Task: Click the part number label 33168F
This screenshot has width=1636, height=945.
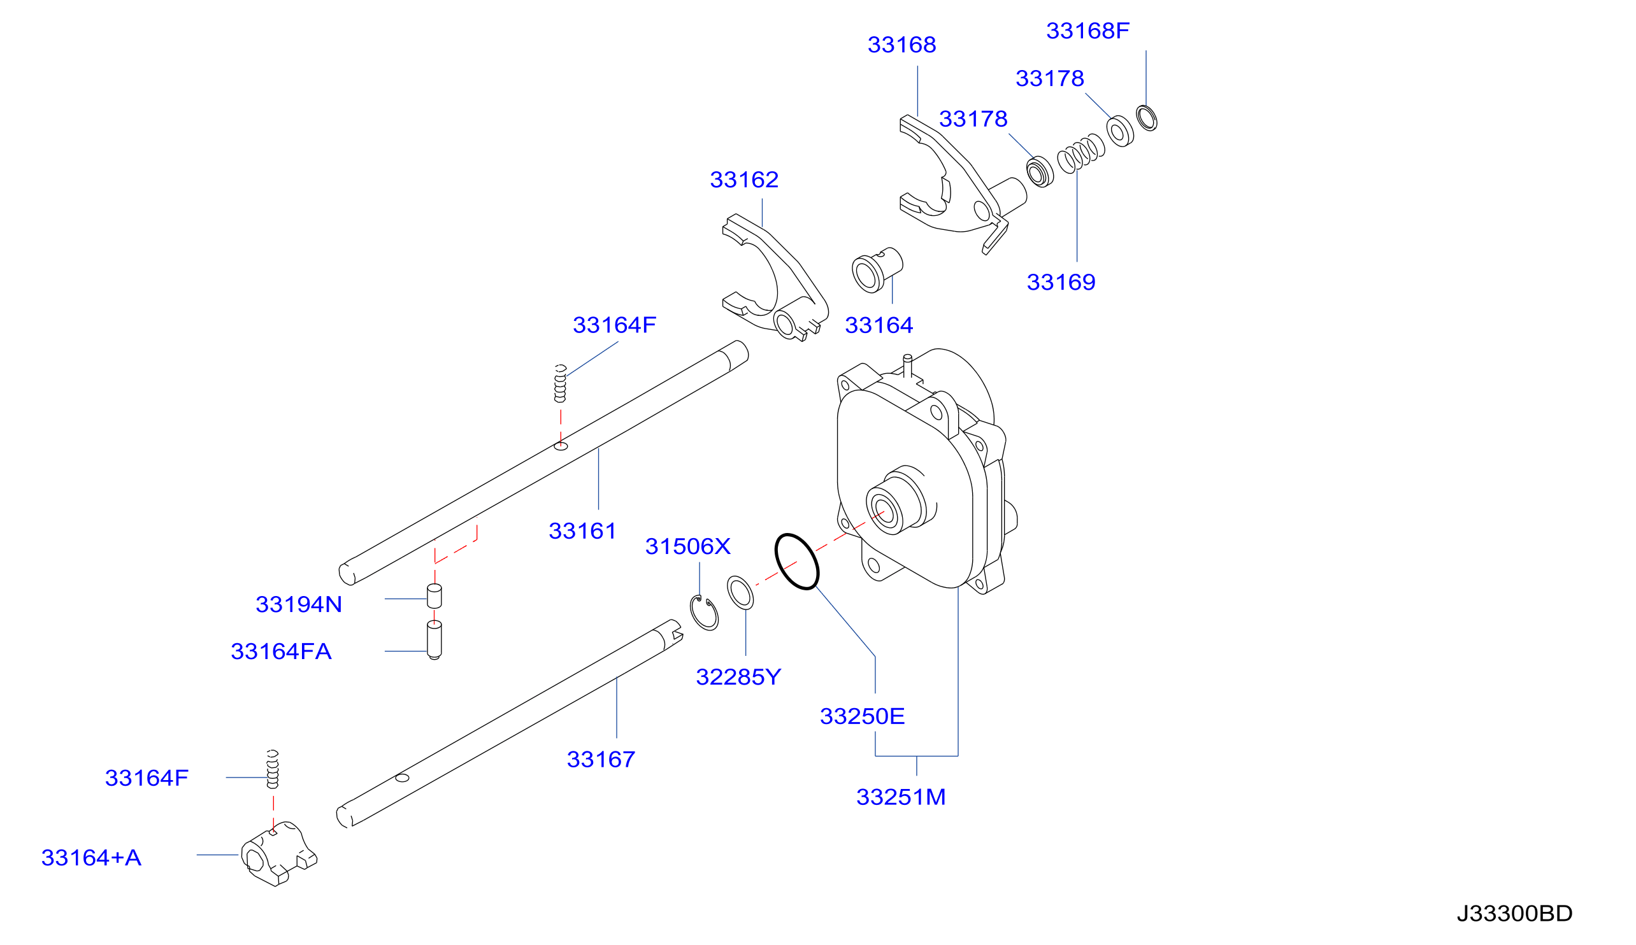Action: pyautogui.click(x=1087, y=31)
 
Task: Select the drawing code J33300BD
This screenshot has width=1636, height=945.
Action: pyautogui.click(x=1514, y=913)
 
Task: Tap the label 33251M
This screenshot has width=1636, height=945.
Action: pyautogui.click(x=900, y=797)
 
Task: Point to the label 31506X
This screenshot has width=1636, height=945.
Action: pyautogui.click(x=687, y=546)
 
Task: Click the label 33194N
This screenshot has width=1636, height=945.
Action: pyautogui.click(x=299, y=605)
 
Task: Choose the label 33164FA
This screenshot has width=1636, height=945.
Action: pyautogui.click(x=281, y=651)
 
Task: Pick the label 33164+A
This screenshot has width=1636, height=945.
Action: pyautogui.click(x=91, y=858)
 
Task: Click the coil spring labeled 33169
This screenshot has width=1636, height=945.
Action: pyautogui.click(x=1081, y=153)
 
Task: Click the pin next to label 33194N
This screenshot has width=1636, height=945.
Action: pyautogui.click(x=434, y=597)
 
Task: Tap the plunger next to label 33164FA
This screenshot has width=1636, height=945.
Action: pyautogui.click(x=434, y=640)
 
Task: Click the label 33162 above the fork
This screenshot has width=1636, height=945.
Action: pyautogui.click(x=744, y=180)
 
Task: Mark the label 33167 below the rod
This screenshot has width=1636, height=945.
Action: pyautogui.click(x=601, y=759)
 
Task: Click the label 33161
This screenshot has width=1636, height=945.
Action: pyautogui.click(x=582, y=531)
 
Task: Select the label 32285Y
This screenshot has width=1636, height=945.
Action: pyautogui.click(x=738, y=678)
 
